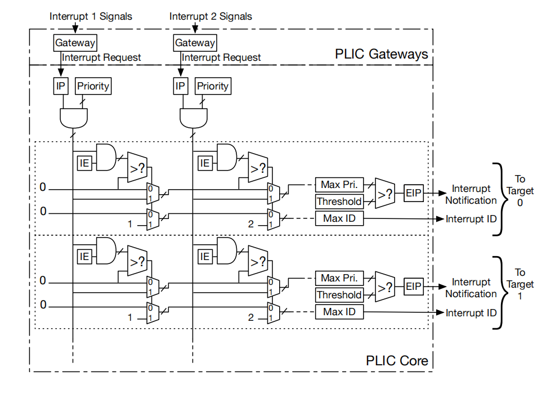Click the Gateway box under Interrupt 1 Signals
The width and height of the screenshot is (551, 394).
coord(75,43)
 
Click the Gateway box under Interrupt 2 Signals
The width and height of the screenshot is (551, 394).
coord(195,43)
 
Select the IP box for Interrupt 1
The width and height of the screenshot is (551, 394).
coord(60,86)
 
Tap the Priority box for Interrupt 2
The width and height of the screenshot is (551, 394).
coord(213,86)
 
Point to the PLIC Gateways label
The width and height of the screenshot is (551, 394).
coord(381,54)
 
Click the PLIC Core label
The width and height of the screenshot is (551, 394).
coord(397,361)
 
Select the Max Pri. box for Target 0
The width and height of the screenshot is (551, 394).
coord(339,185)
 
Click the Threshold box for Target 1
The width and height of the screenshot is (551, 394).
coord(339,295)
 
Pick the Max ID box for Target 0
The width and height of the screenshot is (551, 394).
coord(339,218)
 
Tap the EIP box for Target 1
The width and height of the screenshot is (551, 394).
coord(414,286)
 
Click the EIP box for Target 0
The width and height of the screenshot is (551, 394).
coord(414,193)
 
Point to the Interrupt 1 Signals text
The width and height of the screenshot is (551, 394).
coord(91,16)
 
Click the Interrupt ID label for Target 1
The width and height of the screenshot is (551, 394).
coord(471,313)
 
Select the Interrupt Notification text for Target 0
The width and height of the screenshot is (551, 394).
coord(471,194)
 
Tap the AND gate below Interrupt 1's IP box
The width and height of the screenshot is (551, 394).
coord(74,118)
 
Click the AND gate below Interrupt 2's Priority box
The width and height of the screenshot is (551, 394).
coord(194,118)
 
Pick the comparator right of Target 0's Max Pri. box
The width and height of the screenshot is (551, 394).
coord(385,193)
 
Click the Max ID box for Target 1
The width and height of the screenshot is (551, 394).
coord(339,312)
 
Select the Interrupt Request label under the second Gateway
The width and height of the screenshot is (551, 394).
coord(221,57)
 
